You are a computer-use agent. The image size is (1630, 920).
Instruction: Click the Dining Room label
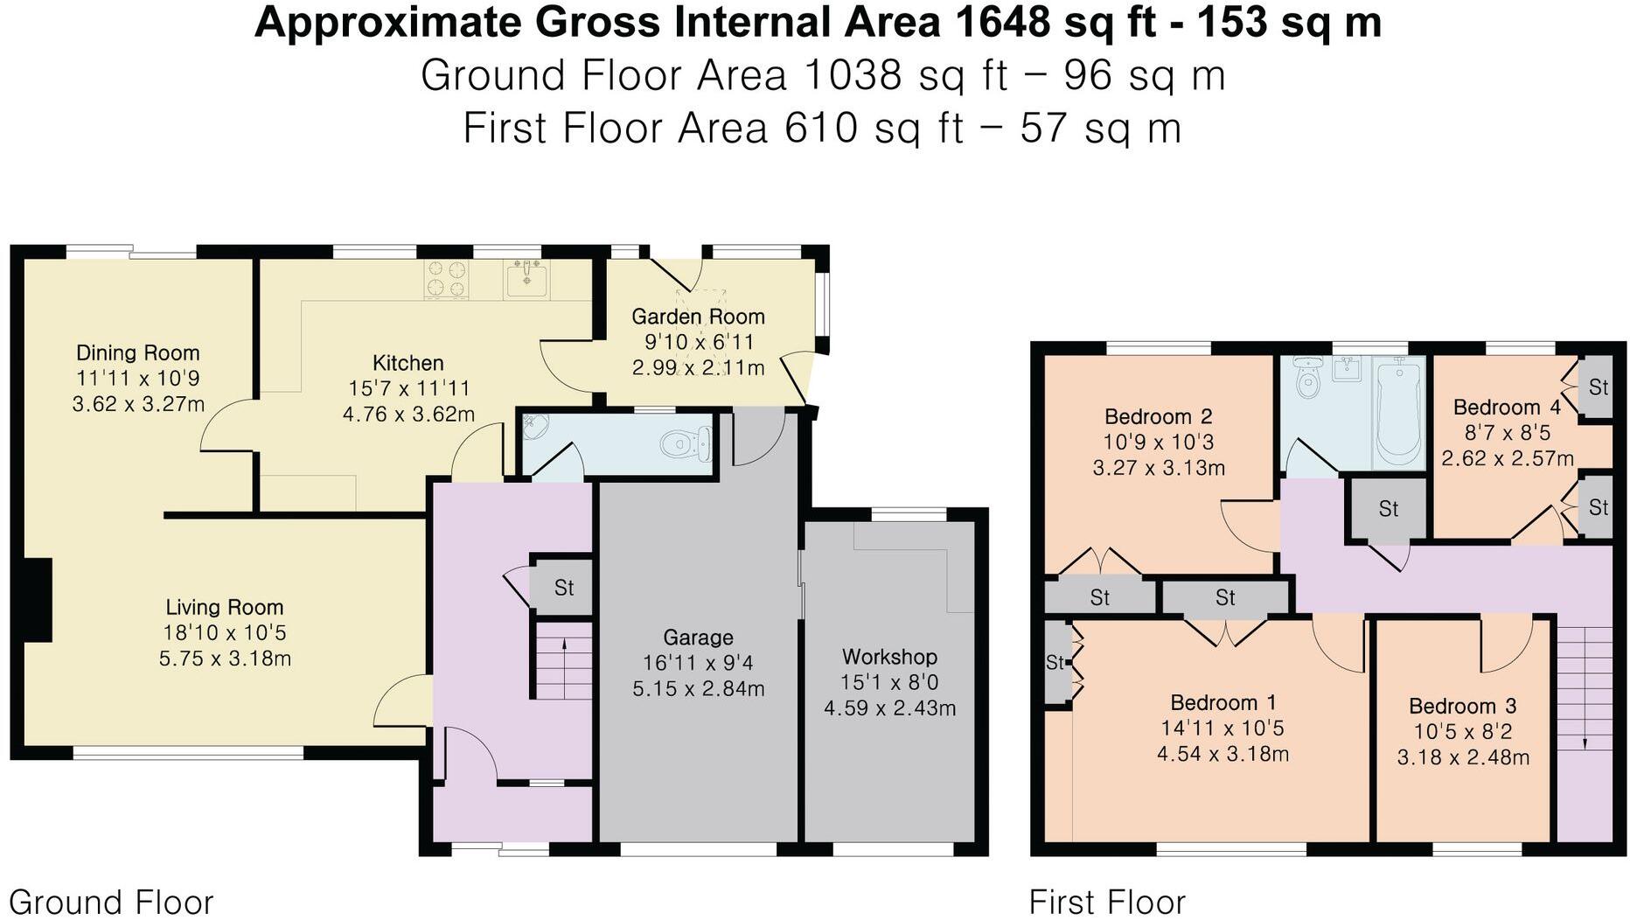click(137, 353)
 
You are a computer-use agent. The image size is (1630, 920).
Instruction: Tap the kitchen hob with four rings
click(445, 279)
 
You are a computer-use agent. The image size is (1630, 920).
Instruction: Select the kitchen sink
click(526, 279)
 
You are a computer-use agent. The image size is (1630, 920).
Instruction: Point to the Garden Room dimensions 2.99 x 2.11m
click(698, 368)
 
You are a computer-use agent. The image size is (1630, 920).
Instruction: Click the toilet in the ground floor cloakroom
click(687, 445)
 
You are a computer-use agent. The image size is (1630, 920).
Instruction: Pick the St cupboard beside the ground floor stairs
click(563, 588)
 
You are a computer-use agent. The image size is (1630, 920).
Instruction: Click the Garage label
click(697, 638)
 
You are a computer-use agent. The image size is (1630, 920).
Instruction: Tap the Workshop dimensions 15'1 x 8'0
click(889, 682)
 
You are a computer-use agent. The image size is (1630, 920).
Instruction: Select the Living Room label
click(225, 607)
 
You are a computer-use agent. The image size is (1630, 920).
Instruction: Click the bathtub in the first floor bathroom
click(1397, 414)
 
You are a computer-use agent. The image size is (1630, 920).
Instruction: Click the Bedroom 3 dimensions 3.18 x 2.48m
click(1463, 757)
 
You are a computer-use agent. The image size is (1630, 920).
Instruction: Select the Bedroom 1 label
click(1222, 703)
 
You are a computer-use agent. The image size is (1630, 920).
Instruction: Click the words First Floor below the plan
click(1106, 902)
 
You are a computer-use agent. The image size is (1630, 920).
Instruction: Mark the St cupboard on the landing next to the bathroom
click(1388, 509)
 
